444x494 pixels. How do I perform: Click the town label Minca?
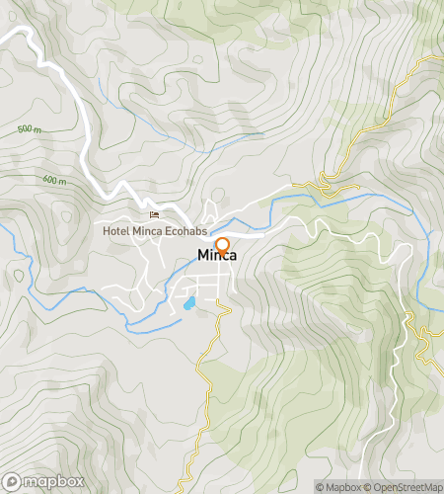[x=216, y=256]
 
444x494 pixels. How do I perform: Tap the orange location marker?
[x=222, y=245]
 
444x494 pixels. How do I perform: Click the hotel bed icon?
[x=153, y=215]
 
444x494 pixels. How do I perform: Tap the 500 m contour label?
[x=30, y=129]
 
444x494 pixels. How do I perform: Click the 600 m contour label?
[x=55, y=180]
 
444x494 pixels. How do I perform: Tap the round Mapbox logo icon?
[x=13, y=481]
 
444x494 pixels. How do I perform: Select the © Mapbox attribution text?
[x=338, y=486]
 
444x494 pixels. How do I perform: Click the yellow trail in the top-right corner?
[x=395, y=99]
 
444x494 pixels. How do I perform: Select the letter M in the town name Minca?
[x=202, y=256]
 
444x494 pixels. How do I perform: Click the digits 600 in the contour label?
[x=50, y=180]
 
